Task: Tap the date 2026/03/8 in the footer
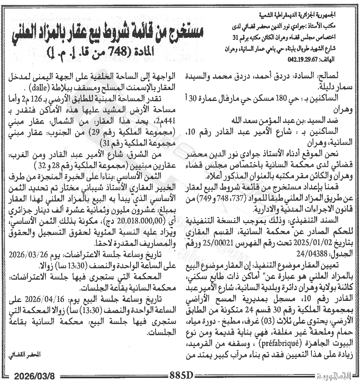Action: [x=35, y=377]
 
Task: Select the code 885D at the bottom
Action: [x=182, y=377]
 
